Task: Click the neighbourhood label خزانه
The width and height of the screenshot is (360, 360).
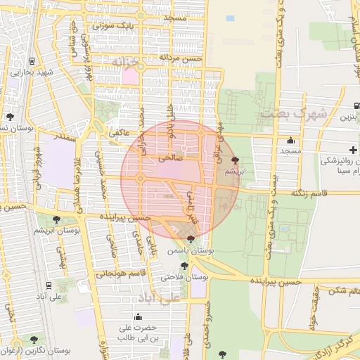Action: coord(127,63)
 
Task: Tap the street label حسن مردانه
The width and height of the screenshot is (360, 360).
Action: coord(180,58)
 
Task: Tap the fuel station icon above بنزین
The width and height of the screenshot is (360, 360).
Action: coord(356,105)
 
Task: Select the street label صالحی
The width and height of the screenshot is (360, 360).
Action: coord(170,159)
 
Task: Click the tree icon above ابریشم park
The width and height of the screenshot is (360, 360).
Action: coord(234,161)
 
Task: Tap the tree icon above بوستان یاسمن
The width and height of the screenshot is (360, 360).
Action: coord(191,239)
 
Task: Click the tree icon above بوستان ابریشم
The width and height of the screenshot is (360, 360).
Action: coord(56,219)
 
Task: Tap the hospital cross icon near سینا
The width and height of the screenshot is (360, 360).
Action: coord(355,149)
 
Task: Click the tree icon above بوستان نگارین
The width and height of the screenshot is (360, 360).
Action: coord(33,340)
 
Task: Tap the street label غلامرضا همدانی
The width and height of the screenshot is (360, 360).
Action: coord(77,181)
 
